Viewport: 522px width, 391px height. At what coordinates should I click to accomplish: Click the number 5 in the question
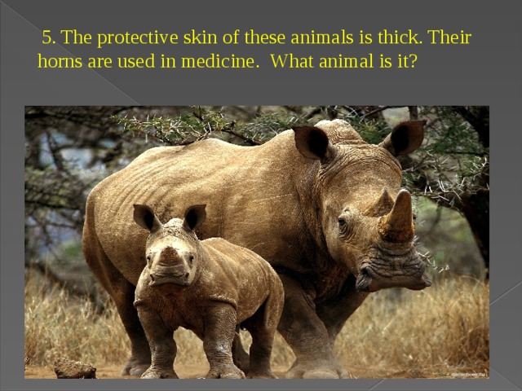coord(47,38)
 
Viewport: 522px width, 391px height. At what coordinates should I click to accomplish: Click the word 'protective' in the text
coord(135,38)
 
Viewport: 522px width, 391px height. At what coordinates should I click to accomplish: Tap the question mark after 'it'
coord(414,62)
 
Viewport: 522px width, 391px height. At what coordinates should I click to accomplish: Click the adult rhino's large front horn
coord(399,218)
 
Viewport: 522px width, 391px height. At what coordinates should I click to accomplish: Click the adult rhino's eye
coord(343,221)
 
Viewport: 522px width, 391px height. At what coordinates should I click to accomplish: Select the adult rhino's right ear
coord(405,136)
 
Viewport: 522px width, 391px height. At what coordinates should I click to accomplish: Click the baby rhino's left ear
coord(145,217)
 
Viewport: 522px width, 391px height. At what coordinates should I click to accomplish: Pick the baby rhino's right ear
coord(195,217)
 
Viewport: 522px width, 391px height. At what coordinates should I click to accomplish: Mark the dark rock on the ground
coord(74,368)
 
